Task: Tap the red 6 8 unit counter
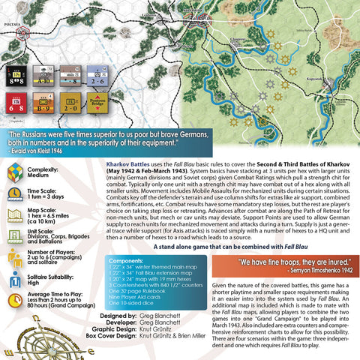[18, 103]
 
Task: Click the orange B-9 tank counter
[45, 103]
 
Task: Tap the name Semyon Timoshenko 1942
[308, 272]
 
